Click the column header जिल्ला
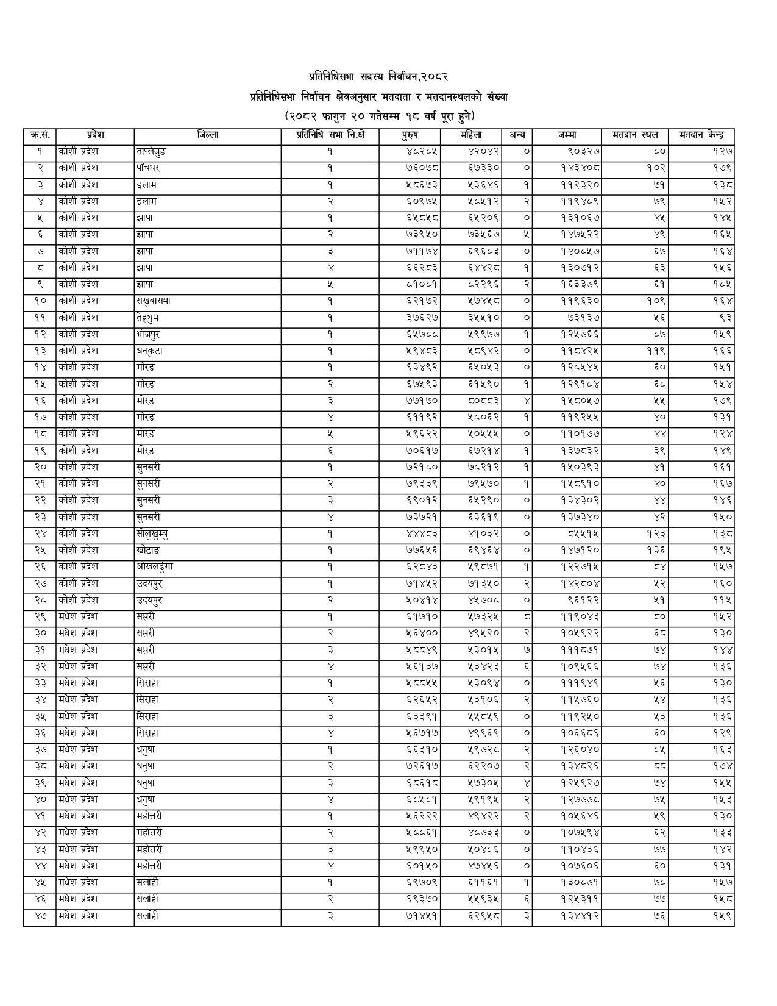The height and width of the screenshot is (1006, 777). tap(208, 135)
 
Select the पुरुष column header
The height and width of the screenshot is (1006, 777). tap(410, 135)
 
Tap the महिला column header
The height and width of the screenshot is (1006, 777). tap(470, 135)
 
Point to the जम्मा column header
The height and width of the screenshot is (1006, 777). tap(566, 135)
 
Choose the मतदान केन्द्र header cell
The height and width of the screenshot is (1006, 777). tap(701, 135)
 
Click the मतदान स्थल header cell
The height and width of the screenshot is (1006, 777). tap(634, 135)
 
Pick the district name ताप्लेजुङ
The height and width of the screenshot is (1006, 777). tap(151, 151)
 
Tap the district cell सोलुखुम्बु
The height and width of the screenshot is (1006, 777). tap(153, 533)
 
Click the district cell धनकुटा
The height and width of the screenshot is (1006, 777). tap(150, 351)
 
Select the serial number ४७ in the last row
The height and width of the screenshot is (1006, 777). tap(40, 916)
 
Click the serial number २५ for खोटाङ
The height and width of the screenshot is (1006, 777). tap(40, 551)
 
